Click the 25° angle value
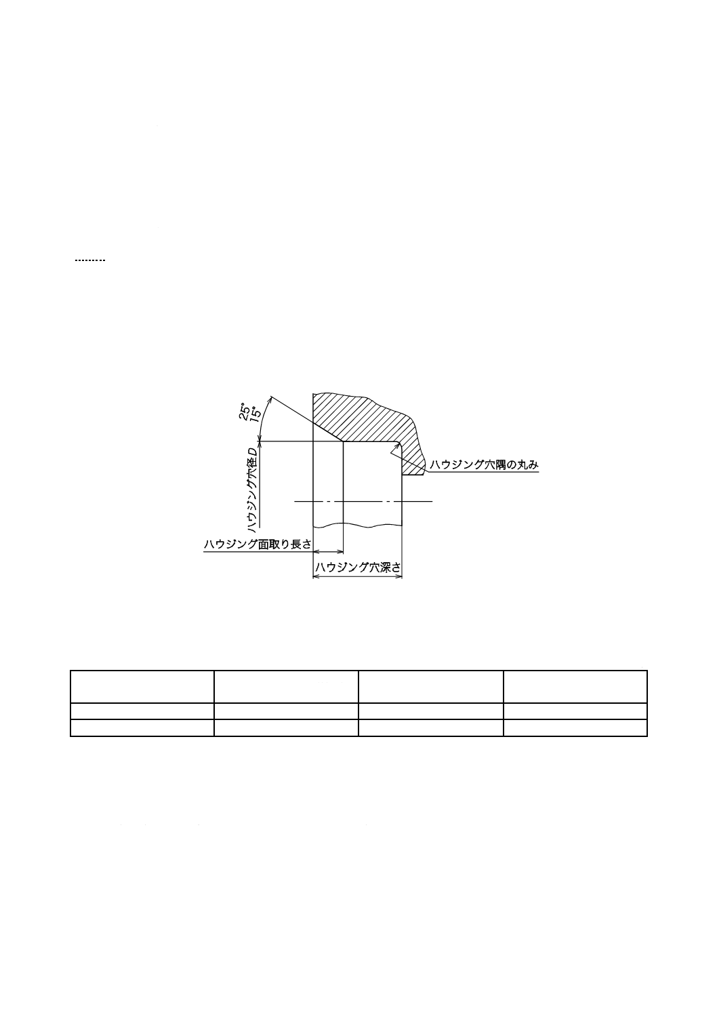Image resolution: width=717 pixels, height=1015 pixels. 244,411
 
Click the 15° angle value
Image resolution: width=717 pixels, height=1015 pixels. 255,414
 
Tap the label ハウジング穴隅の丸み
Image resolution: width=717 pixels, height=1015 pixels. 484,465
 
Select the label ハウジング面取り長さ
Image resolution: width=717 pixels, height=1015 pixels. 258,544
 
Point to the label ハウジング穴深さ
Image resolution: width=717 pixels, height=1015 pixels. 358,568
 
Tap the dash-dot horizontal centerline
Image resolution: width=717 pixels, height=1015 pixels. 363,501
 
